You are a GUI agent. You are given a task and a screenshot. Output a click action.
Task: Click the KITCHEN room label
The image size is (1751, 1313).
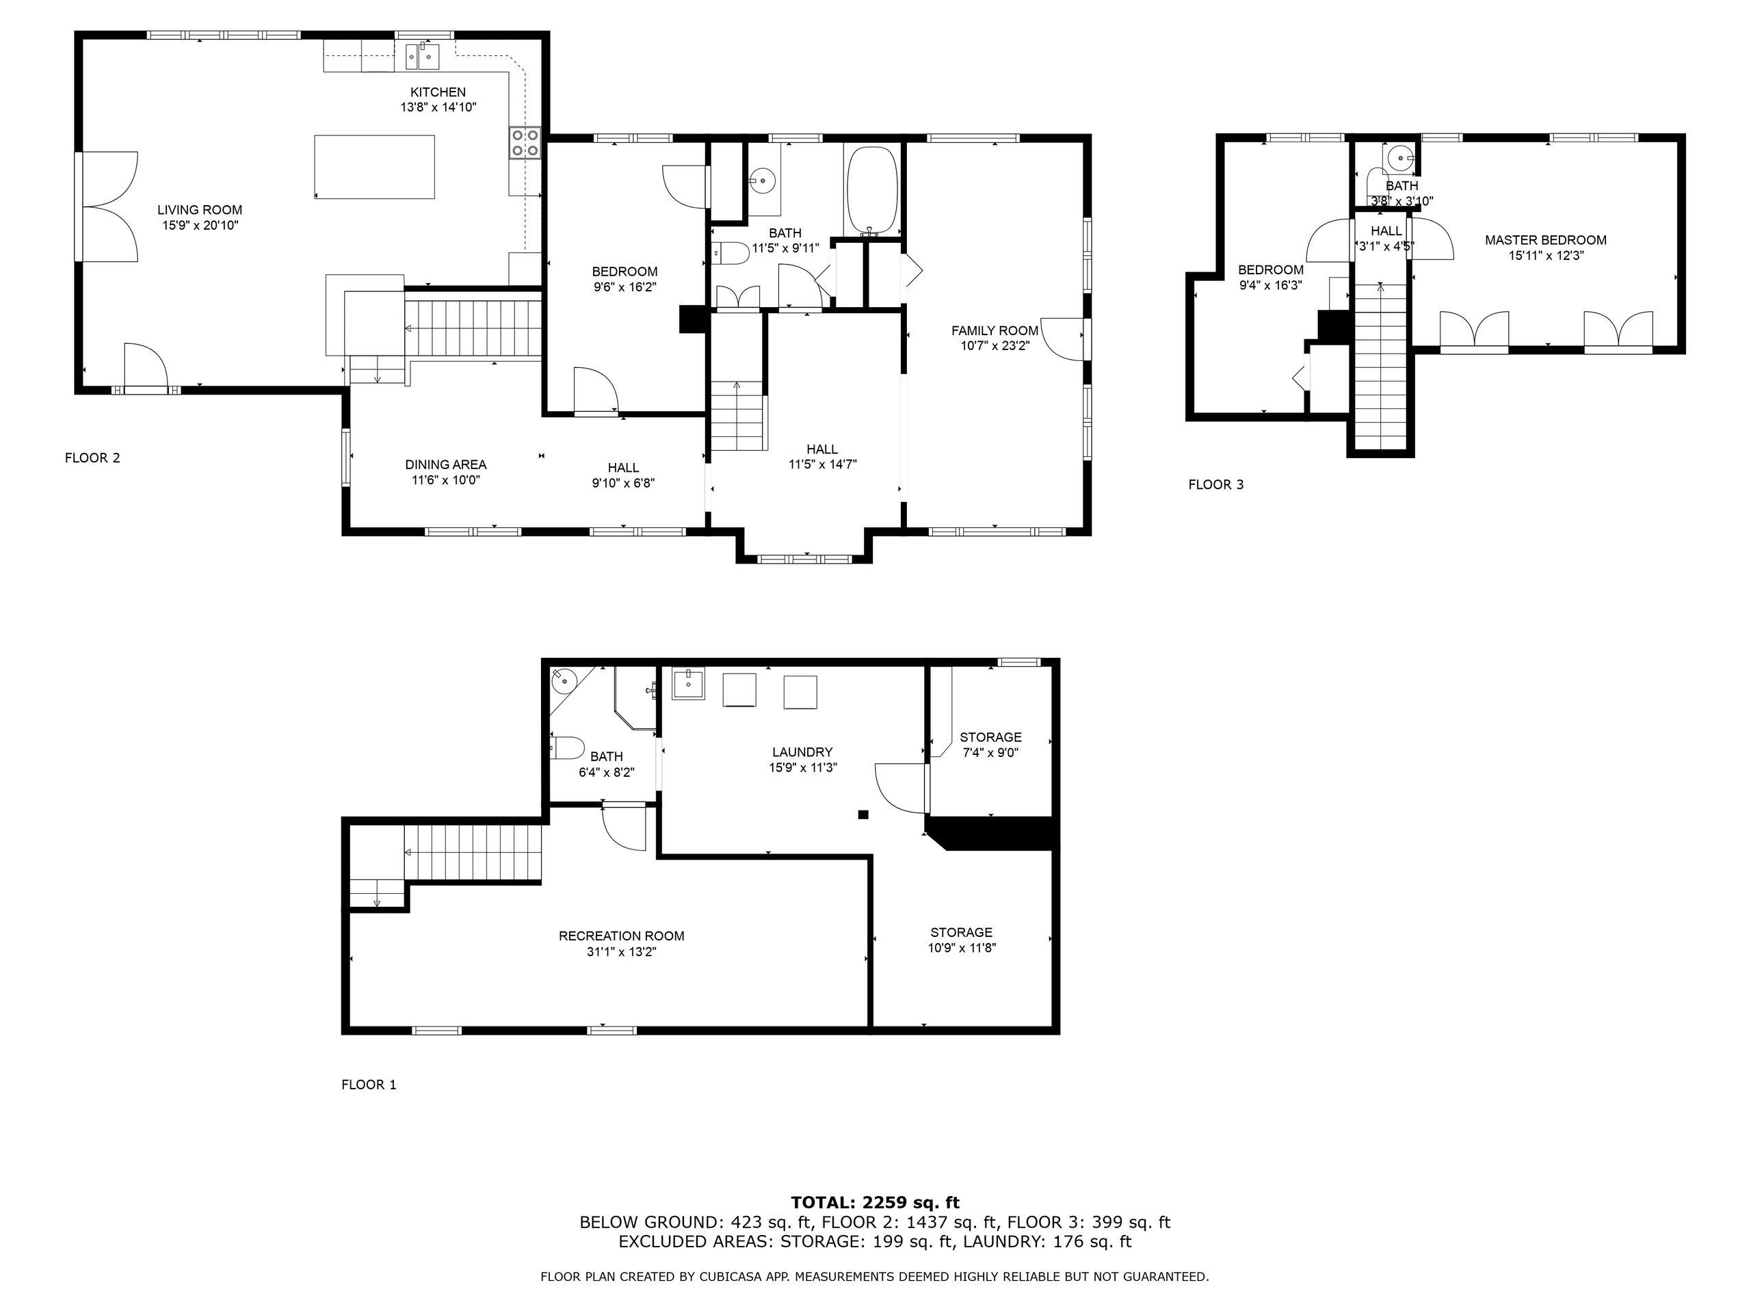coord(438,92)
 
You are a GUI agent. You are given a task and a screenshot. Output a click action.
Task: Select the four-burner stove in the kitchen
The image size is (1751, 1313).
coord(525,142)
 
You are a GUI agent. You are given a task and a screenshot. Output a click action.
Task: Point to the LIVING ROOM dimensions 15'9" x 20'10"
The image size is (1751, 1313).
coord(200,226)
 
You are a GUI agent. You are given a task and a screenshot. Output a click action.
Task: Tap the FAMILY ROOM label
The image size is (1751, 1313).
coord(995,331)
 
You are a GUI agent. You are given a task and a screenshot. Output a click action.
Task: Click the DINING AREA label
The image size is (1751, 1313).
coord(446,464)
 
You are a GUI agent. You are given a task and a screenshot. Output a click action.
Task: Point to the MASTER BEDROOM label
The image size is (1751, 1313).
coord(1545,240)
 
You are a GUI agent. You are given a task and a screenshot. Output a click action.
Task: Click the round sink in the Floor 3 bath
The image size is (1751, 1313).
coord(1400,158)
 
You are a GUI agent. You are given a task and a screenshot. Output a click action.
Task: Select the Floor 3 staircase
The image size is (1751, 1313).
coord(1380,364)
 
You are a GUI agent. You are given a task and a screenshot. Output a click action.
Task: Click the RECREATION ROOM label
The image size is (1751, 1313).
coord(621,936)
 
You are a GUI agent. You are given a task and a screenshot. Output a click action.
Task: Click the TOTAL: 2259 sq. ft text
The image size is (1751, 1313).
coord(875,1203)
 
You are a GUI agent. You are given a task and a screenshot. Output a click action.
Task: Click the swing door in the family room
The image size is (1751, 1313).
coord(1063,339)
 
